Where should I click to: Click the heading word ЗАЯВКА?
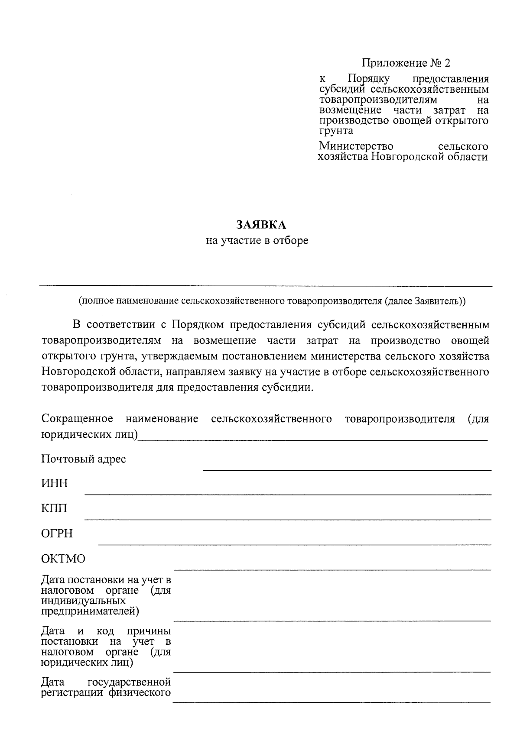[261, 225]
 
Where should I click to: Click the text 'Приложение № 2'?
[406, 63]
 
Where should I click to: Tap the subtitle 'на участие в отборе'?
[257, 240]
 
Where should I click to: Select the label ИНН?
[55, 484]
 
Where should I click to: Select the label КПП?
[54, 508]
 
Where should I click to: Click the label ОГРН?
[57, 534]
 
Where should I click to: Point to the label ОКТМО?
[63, 559]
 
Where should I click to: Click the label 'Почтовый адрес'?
[84, 459]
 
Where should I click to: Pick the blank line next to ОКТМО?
[332, 569]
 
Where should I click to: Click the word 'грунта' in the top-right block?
[336, 130]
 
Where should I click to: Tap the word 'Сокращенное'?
[77, 419]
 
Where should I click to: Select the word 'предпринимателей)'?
[90, 611]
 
